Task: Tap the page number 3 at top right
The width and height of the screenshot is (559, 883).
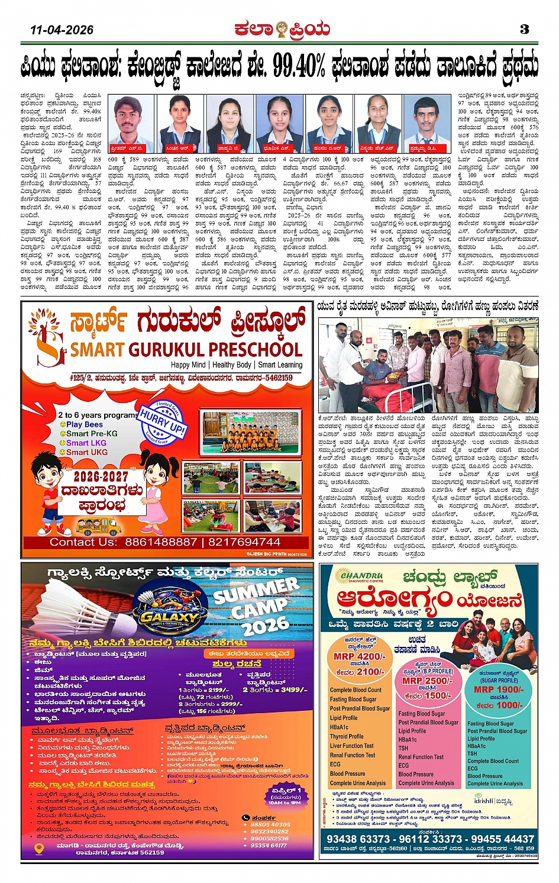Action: pos(524,29)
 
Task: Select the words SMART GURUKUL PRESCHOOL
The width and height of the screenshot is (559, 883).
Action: pos(186,349)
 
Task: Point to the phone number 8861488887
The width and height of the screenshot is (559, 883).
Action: pos(160,542)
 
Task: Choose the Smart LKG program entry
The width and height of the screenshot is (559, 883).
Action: pos(86,443)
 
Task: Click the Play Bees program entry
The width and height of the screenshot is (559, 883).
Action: pos(84,424)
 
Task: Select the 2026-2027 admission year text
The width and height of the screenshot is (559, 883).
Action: pos(101,476)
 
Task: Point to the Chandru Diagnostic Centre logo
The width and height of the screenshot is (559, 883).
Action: pos(362,577)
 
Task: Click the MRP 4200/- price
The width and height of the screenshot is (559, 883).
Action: pos(359,656)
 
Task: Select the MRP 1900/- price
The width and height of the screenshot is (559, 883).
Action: pos(498,689)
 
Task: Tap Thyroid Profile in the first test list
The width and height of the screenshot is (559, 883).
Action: pos(347,737)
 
